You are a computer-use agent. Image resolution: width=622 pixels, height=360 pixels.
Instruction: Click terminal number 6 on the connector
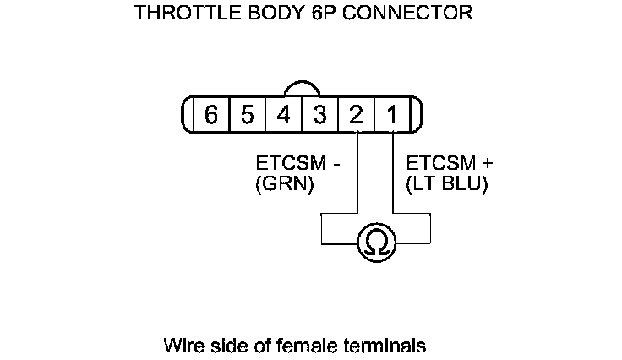click(211, 115)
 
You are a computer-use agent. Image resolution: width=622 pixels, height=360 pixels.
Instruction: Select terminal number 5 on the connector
click(247, 115)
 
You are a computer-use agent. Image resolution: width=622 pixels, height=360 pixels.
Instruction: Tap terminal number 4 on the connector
click(284, 115)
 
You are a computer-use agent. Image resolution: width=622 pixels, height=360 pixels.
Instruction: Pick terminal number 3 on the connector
click(320, 115)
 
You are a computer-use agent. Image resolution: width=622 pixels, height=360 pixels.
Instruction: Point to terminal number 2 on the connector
click(357, 115)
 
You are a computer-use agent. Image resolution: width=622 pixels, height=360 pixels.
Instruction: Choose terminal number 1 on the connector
click(393, 115)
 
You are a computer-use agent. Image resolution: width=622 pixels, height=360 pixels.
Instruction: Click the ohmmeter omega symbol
click(376, 243)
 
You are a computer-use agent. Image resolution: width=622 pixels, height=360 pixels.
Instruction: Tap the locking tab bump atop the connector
click(302, 89)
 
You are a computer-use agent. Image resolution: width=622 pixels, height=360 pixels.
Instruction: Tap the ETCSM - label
click(296, 163)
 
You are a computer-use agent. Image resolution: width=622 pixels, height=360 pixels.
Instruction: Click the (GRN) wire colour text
click(284, 185)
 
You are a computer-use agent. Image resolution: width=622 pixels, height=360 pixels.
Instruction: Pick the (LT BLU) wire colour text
click(447, 185)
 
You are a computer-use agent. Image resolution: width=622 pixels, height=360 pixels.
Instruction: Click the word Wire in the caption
click(183, 346)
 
